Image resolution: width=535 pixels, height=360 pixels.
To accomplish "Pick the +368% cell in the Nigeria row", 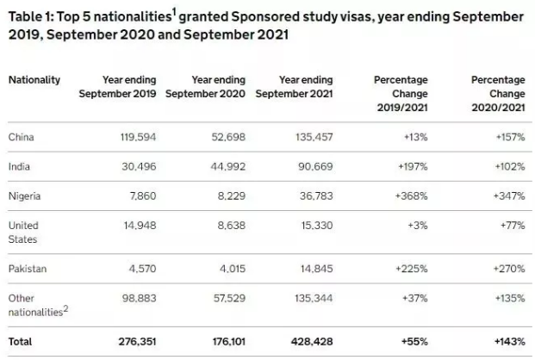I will click(411, 196).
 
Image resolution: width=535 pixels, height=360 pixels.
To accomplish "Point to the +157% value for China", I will click(508, 137).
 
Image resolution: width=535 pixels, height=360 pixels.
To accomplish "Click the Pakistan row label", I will click(28, 269).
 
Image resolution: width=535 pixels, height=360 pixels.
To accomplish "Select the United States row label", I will click(24, 232).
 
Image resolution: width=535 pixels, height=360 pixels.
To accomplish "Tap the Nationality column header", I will click(34, 80).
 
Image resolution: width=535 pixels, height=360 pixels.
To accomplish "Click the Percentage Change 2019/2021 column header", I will click(401, 93).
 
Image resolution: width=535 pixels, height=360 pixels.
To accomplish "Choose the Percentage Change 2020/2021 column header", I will click(498, 93).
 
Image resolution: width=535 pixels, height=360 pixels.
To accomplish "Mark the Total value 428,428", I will click(311, 341).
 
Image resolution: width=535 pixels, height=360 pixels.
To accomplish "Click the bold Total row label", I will click(21, 341).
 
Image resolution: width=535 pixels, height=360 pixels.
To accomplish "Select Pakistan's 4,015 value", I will click(231, 269).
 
